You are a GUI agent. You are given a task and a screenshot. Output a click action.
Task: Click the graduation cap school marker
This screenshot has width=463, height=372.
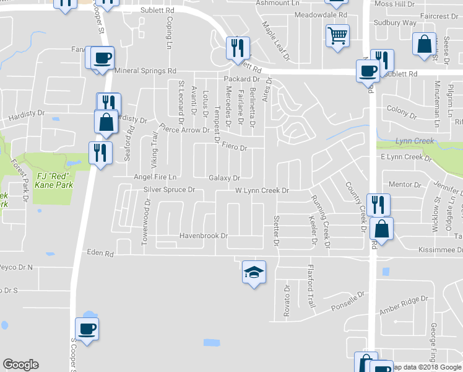point(254,272)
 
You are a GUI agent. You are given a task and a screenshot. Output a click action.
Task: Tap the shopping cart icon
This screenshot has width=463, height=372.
point(337,36)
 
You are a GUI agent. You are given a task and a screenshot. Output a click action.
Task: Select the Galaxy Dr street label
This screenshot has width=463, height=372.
point(224,178)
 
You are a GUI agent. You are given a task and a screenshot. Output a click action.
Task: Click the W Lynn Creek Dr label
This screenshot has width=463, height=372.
point(262,190)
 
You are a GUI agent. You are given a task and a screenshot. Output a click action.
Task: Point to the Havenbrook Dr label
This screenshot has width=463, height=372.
point(204,236)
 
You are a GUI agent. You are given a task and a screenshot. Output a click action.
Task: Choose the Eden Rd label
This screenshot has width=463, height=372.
point(100,254)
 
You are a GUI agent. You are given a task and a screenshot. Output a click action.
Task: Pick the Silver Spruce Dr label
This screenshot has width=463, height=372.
point(169,190)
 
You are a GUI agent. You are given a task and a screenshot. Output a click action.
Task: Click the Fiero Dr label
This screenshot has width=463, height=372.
point(235,148)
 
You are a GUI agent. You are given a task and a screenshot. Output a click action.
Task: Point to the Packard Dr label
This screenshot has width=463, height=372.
point(241,79)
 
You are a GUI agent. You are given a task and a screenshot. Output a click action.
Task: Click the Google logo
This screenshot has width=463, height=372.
point(20,365)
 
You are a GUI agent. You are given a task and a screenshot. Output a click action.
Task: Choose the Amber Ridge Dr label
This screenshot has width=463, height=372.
point(404,308)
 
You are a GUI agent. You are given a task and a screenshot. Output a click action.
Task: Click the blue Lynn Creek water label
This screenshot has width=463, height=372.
point(415,141)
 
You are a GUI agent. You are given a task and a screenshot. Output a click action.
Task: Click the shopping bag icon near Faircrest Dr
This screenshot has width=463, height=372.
point(424,45)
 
